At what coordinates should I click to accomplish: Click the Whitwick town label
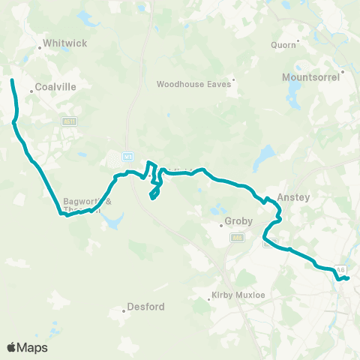[65, 43]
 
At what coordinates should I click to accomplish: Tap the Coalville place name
[56, 88]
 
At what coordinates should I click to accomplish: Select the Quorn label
[283, 44]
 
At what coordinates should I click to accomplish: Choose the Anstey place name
[293, 197]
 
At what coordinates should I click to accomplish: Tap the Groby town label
[238, 222]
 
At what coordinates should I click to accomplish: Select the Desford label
[146, 307]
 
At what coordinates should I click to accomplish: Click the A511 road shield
[70, 121]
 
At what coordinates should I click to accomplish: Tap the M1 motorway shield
[127, 157]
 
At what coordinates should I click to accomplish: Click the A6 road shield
[341, 269]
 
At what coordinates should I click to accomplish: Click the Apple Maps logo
[27, 347]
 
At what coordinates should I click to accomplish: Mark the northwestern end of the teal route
[13, 79]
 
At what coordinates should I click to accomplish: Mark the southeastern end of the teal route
[348, 279]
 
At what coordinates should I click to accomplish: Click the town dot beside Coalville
[31, 90]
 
